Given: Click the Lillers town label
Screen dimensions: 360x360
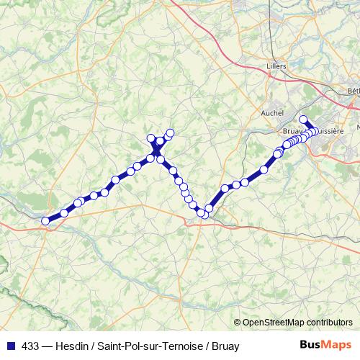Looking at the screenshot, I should [276, 66].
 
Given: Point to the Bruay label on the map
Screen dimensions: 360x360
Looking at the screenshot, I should [292, 132].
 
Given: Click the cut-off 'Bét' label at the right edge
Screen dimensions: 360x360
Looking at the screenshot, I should [353, 91].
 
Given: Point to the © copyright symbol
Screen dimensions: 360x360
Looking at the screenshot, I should [238, 323].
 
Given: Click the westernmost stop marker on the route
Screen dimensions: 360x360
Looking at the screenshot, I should [46, 221].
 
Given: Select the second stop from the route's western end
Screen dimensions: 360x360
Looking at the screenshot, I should [64, 212].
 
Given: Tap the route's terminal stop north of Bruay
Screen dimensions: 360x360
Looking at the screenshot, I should [303, 120].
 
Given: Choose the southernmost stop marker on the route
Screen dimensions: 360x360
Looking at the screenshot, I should [205, 215].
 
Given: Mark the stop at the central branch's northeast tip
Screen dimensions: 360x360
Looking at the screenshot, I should [171, 132].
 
